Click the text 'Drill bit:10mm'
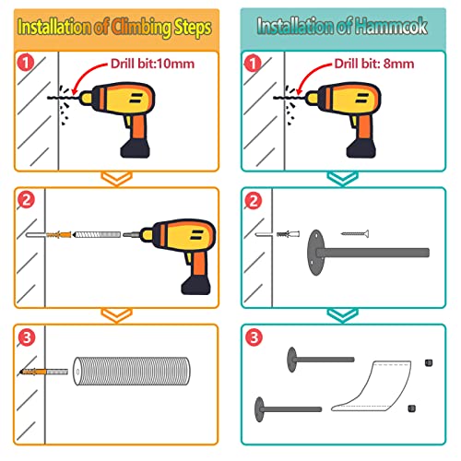tap(152, 64)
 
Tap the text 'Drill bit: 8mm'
tap(374, 64)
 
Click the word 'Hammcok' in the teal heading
tap(391, 26)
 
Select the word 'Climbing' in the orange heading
tap(141, 28)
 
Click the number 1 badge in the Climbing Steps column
tap(26, 63)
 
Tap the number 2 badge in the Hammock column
tap(254, 201)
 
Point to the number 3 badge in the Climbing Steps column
tap(27, 337)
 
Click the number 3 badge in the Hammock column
tap(254, 337)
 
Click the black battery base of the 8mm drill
tap(361, 148)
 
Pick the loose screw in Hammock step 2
tap(355, 234)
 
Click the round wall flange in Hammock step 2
tap(315, 253)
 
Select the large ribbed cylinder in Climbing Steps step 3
tap(132, 371)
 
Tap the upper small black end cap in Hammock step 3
tap(429, 363)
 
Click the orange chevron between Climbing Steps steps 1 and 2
tap(117, 179)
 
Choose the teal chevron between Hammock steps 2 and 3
tap(343, 316)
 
